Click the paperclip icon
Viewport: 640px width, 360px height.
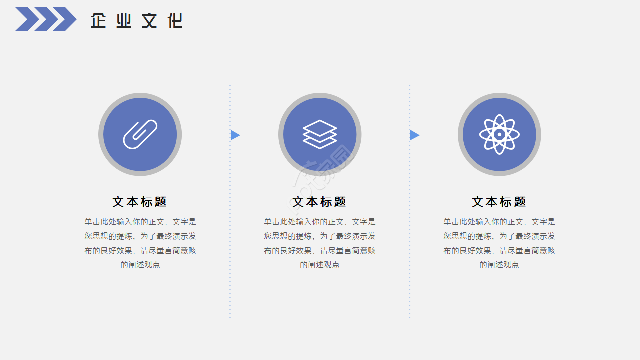(140, 134)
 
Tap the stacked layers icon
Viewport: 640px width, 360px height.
(320, 134)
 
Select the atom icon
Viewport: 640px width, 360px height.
(499, 134)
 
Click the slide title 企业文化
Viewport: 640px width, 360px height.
(136, 21)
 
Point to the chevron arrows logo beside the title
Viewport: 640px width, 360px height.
(45, 19)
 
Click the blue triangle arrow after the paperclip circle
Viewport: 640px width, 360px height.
(235, 135)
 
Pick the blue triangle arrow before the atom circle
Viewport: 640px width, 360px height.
(414, 135)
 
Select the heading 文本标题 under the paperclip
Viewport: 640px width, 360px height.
(140, 202)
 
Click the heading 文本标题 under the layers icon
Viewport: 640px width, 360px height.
(320, 202)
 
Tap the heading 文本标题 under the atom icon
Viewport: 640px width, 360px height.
(499, 202)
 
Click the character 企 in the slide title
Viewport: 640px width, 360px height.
(99, 21)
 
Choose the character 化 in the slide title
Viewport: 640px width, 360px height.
(175, 21)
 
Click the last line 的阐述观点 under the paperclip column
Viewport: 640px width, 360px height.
(140, 265)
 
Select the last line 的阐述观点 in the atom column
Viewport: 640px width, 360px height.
(499, 265)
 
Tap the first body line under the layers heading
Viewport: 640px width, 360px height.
(320, 222)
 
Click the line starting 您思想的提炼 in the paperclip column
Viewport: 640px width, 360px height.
(140, 236)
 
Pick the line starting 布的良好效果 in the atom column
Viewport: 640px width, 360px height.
(499, 251)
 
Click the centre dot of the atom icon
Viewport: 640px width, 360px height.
(499, 134)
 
